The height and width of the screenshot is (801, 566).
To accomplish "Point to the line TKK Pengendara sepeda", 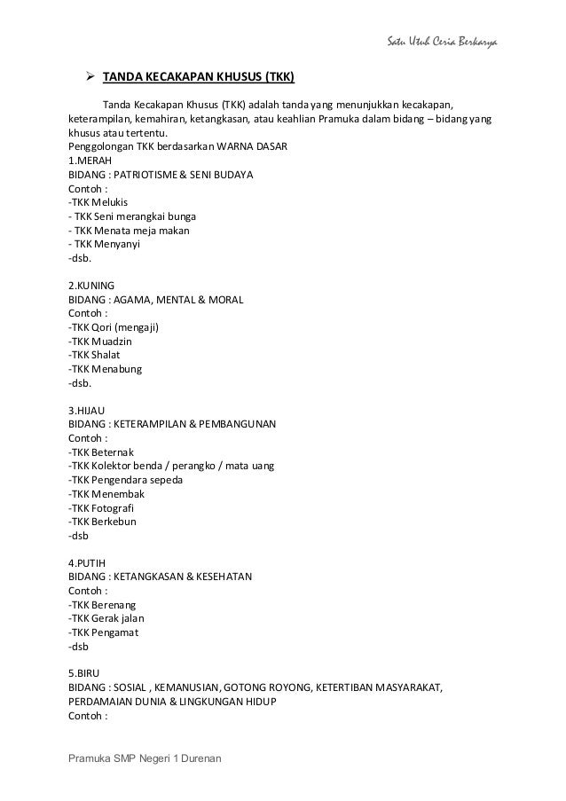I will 125,480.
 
